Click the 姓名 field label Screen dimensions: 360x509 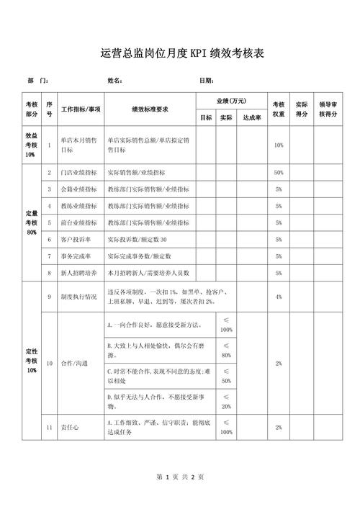click(x=115, y=81)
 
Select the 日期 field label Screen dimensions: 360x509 click(x=207, y=81)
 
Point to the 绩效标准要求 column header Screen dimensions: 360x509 click(x=150, y=109)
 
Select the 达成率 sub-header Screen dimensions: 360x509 click(x=252, y=117)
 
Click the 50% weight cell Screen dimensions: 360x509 click(x=279, y=173)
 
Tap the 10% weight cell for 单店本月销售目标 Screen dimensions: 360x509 click(x=279, y=145)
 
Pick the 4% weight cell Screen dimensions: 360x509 click(x=279, y=297)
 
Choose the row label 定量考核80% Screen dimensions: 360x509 click(x=30, y=222)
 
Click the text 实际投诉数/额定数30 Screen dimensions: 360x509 click(x=138, y=238)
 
